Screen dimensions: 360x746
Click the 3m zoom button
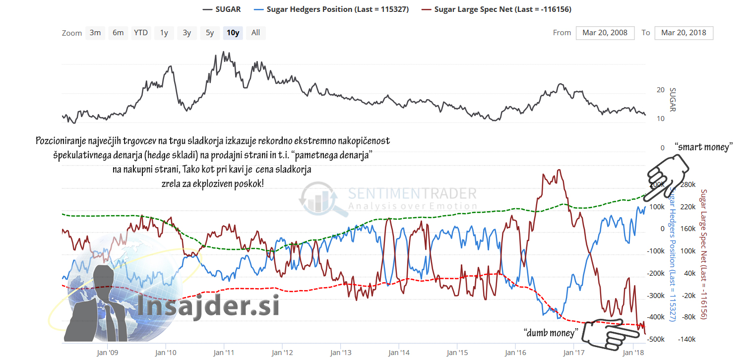tap(95, 33)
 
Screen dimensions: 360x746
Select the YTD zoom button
tap(141, 33)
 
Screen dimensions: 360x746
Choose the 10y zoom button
tap(233, 33)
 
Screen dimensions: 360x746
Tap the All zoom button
tap(255, 33)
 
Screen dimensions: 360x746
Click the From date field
tap(605, 33)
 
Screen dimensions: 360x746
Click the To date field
tap(684, 33)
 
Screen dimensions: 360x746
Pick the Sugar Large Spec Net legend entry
tap(499, 9)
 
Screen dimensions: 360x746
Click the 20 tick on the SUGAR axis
tap(660, 90)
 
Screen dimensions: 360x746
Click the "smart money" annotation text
tap(704, 147)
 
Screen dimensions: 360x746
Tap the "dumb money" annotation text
tap(551, 332)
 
